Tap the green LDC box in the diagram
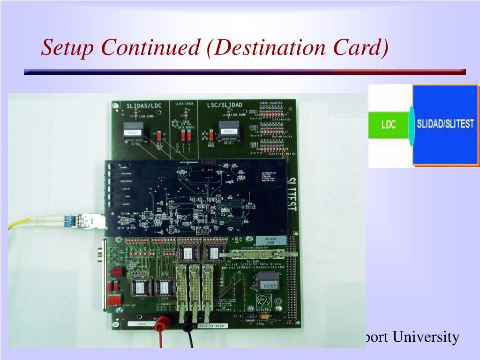(389, 125)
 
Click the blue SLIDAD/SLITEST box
(445, 125)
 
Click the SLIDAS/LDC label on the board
(144, 105)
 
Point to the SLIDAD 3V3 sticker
(271, 241)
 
